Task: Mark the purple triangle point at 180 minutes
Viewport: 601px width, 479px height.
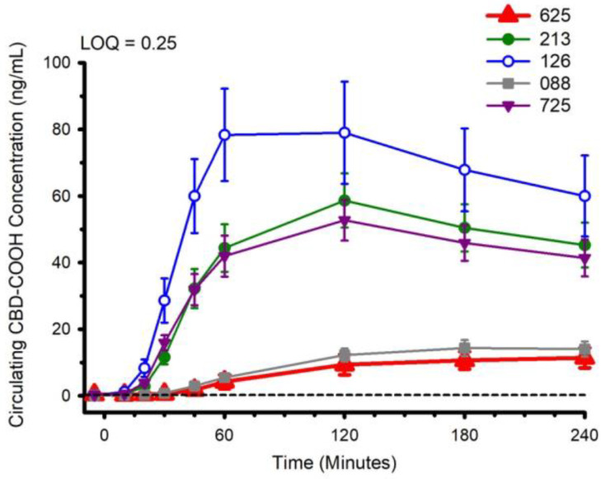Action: tap(465, 243)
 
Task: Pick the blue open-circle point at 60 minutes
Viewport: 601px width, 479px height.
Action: tap(224, 135)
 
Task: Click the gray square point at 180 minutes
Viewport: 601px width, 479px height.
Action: tap(465, 348)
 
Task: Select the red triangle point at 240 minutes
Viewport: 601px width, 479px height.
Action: tap(585, 358)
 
